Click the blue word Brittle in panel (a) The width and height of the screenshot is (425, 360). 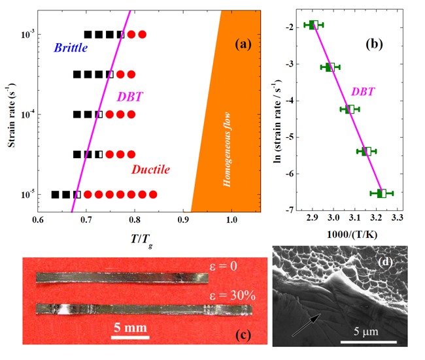71,48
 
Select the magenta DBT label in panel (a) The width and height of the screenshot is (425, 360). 129,97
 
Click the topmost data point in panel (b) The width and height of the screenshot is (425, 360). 313,25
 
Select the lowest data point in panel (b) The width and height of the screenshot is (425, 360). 382,193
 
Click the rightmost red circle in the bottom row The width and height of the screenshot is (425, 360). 153,194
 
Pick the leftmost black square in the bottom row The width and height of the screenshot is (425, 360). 56,194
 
